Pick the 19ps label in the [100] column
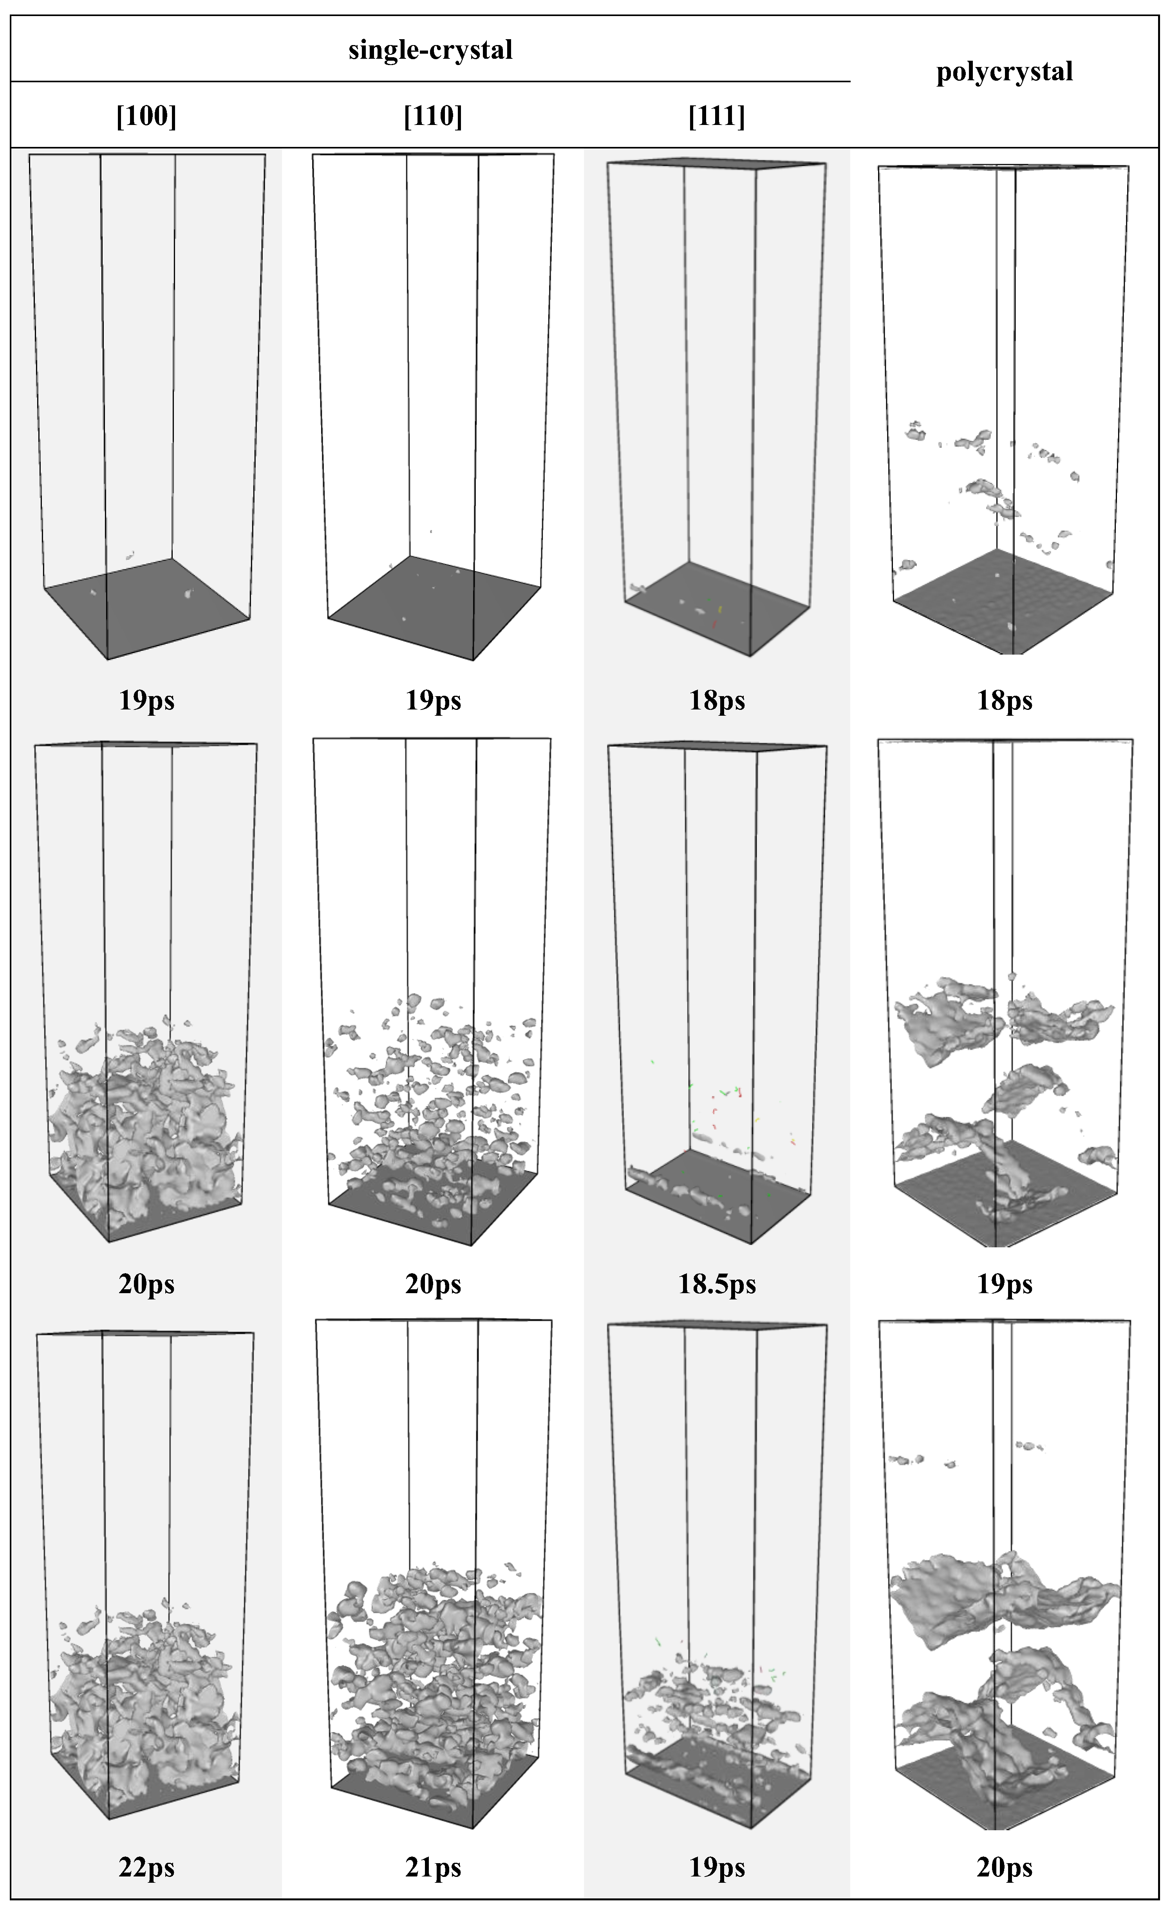(x=146, y=700)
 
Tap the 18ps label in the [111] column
(x=717, y=700)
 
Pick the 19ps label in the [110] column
(x=433, y=700)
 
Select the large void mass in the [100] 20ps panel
(x=144, y=1129)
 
